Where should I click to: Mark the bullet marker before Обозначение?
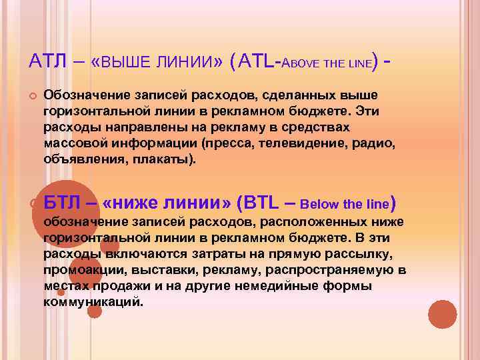31,95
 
